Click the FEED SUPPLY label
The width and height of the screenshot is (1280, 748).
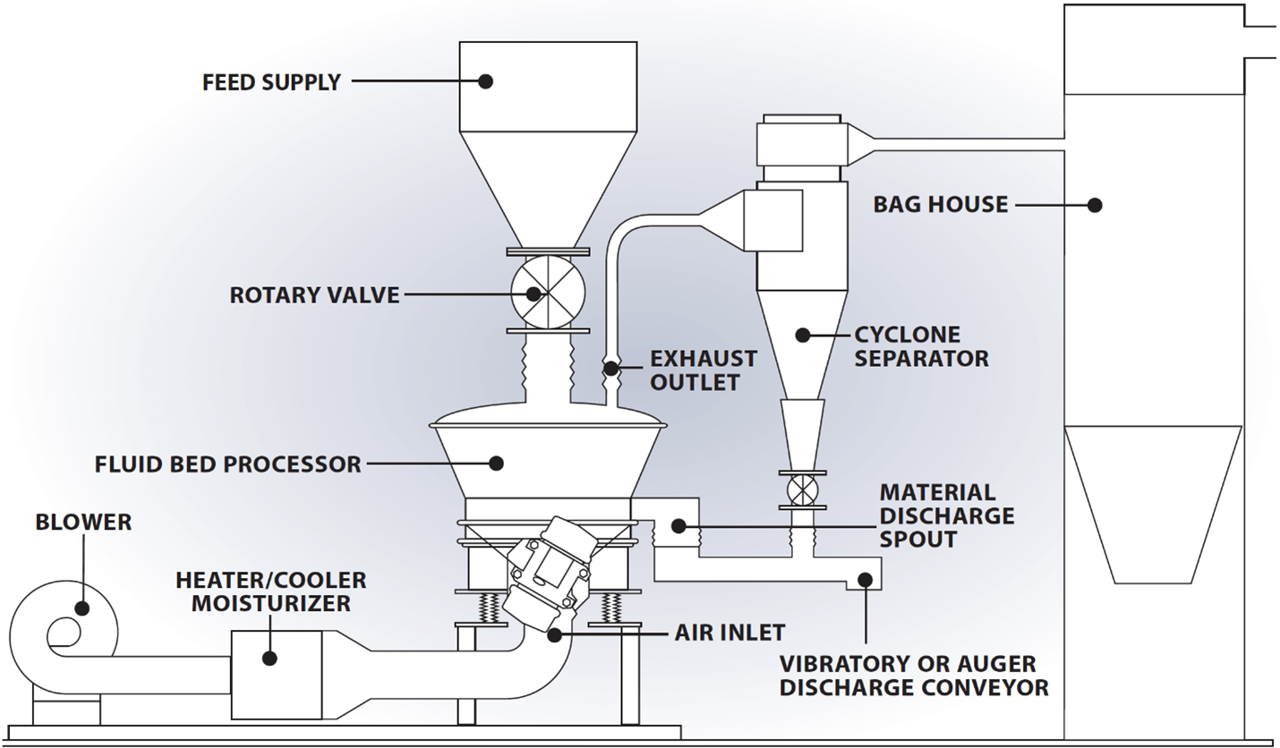coord(271,82)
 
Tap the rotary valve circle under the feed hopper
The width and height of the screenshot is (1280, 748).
coord(548,292)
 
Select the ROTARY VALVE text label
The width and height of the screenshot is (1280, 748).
coord(314,295)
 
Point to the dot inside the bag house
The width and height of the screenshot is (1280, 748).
coord(1094,205)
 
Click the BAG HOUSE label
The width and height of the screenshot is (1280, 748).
coord(940,206)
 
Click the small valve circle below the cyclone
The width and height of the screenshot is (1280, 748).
coord(803,489)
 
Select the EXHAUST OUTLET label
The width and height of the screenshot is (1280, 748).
coord(703,370)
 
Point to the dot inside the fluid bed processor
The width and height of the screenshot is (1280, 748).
coord(495,463)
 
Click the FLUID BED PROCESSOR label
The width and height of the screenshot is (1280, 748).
coord(227,465)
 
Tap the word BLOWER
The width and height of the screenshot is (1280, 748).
coord(83,522)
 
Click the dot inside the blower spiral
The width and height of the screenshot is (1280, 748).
coord(81,608)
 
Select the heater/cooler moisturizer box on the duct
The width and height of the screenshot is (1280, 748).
coord(276,663)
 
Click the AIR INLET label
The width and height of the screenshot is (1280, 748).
coord(729,633)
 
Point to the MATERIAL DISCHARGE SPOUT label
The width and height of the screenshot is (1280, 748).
coord(946,516)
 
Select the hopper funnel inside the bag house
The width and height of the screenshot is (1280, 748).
coord(1154,502)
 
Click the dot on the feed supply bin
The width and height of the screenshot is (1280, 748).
coord(485,81)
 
